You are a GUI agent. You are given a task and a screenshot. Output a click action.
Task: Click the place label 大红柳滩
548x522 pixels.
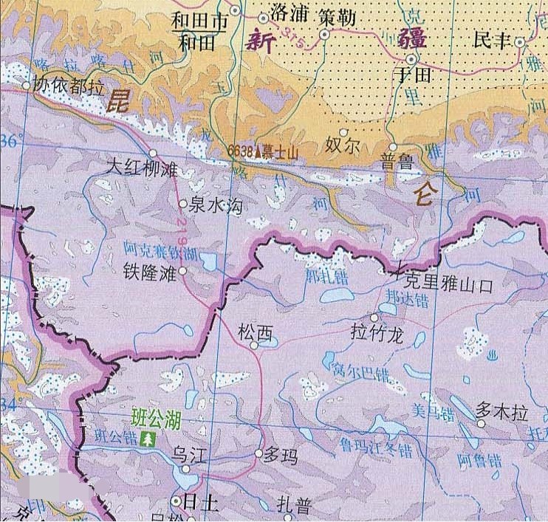click(x=143, y=169)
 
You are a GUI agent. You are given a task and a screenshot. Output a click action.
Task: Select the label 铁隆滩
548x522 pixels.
click(x=150, y=272)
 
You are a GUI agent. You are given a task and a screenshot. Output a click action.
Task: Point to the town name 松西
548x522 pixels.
click(x=255, y=334)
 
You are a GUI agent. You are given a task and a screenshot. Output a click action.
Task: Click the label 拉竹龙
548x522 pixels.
click(x=377, y=334)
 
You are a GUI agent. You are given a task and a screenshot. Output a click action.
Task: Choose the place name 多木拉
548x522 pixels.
click(x=502, y=412)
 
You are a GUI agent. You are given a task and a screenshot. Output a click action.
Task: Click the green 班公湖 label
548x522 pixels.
click(x=156, y=420)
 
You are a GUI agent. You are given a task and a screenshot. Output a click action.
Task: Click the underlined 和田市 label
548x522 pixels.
click(x=199, y=21)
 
